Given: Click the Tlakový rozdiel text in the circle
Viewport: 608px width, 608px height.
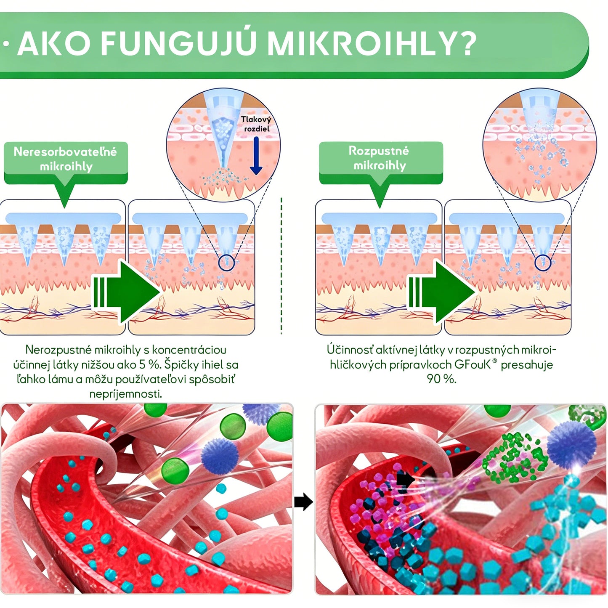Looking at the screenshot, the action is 256,124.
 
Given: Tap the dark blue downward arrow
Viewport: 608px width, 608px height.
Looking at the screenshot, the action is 256,156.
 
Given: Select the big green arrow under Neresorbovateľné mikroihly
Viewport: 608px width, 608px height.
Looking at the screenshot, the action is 126,292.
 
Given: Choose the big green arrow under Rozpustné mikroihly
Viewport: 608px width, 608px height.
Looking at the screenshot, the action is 442,292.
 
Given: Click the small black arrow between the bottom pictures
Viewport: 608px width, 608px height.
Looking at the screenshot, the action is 303,502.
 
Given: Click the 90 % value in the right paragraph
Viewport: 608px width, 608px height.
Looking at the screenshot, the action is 441,379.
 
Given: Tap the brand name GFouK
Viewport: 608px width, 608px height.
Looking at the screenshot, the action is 473,364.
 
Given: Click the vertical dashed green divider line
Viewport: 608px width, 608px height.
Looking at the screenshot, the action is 281,266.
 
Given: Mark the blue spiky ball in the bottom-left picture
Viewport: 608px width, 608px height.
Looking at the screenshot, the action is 220,456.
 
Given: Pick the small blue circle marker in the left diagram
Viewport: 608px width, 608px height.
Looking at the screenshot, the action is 226,263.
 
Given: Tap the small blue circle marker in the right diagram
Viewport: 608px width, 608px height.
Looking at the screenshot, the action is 543,263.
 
